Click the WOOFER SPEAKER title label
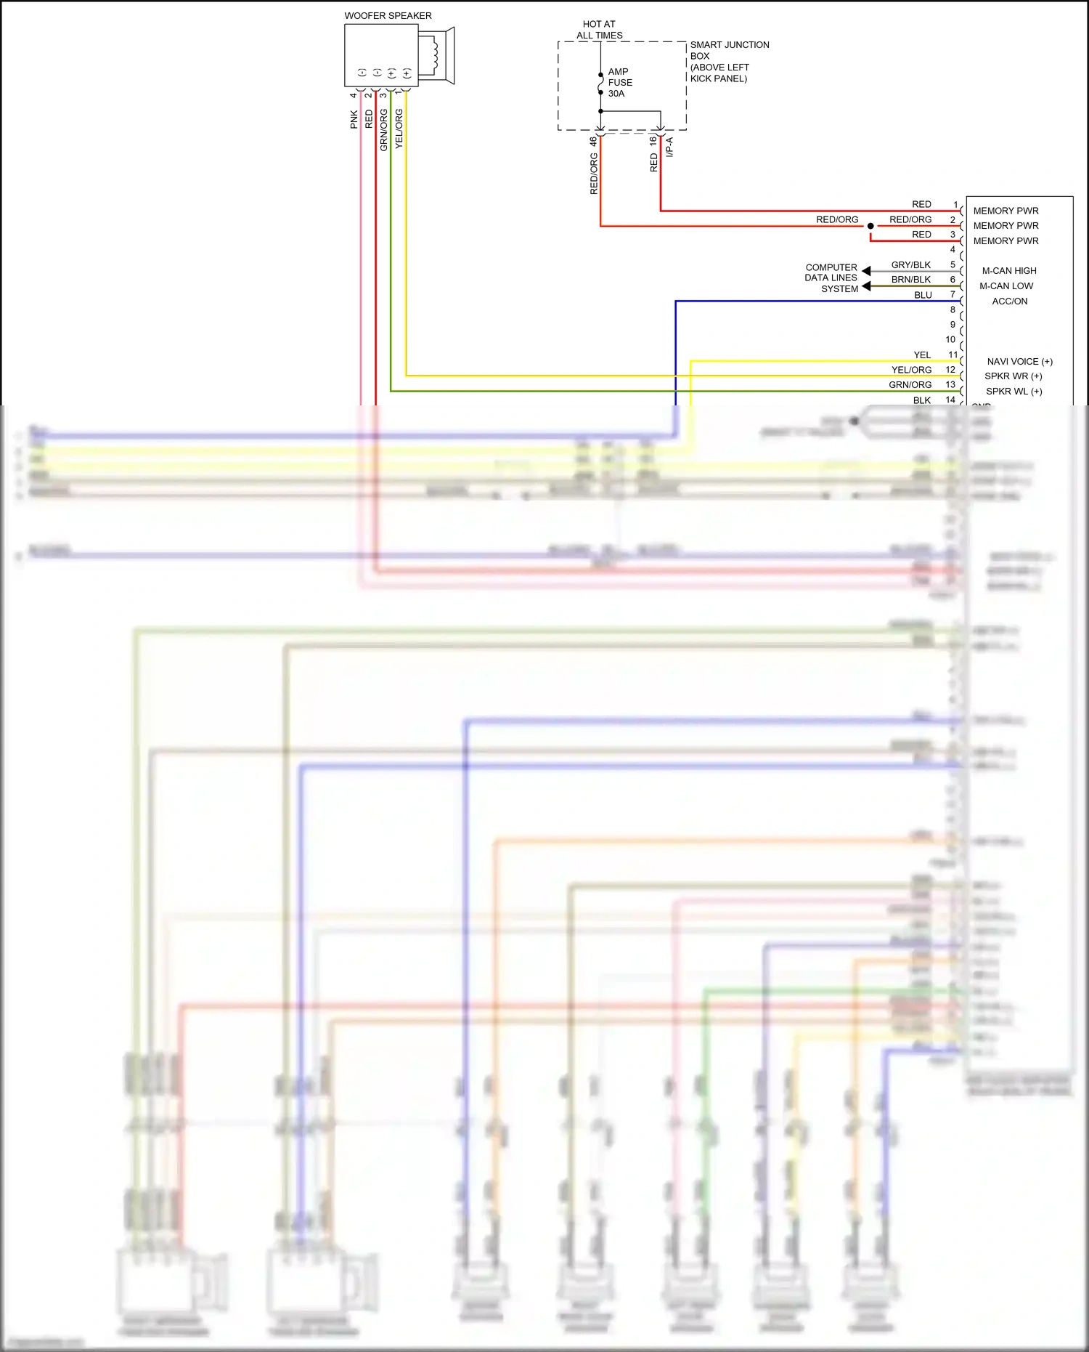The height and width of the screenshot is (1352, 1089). point(388,15)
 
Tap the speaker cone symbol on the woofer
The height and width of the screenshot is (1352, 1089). point(437,55)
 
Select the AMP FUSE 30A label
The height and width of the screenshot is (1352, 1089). point(619,82)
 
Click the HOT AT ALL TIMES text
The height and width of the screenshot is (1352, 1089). point(599,29)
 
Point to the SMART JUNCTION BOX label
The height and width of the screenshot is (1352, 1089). point(729,61)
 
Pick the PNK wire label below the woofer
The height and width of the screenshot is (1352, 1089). point(354,119)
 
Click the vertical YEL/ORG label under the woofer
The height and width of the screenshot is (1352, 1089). point(399,129)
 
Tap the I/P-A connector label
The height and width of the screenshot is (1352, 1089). point(669,147)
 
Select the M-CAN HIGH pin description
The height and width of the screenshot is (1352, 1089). point(1009,270)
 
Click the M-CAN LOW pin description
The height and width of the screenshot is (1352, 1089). point(1006,286)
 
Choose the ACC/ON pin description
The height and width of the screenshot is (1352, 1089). point(1009,301)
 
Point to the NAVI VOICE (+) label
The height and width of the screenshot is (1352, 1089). point(1019,361)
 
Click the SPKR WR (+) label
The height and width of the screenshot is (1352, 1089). point(1013,376)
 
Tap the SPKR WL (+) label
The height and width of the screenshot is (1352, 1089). point(1013,391)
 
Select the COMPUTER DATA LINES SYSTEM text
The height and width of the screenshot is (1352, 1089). point(831,278)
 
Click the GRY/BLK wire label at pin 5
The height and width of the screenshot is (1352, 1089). point(910,264)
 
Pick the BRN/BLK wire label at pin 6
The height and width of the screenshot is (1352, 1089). point(910,279)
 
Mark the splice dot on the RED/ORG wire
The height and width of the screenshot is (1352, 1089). point(870,226)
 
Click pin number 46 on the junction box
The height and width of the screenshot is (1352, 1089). point(593,140)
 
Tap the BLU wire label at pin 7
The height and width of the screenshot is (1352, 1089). point(923,295)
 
